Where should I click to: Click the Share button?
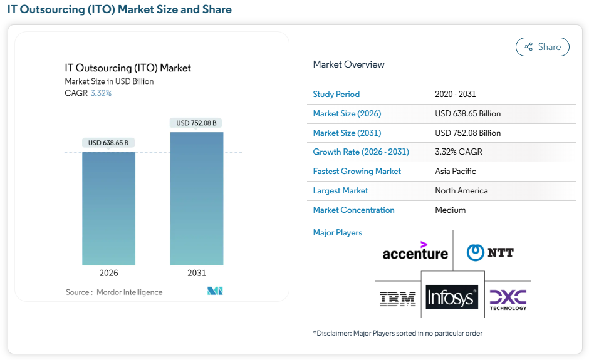point(542,47)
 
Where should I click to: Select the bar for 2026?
point(108,208)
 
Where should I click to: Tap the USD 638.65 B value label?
point(108,143)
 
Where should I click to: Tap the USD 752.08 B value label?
point(196,123)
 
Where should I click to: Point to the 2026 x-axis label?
point(108,273)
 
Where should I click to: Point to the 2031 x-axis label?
point(196,273)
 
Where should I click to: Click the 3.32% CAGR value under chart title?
point(101,93)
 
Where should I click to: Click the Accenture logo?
point(415,251)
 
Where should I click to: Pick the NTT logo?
point(490,252)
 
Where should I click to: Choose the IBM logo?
point(398,299)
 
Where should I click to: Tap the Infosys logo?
point(452,298)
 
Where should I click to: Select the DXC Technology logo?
point(508,299)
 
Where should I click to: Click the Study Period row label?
point(336,95)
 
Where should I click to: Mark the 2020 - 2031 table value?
point(455,95)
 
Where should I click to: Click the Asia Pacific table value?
point(456,172)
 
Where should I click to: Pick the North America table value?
point(461,191)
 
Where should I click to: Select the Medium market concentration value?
point(451,210)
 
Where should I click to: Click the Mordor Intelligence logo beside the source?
point(215,291)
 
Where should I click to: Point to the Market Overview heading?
point(348,64)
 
